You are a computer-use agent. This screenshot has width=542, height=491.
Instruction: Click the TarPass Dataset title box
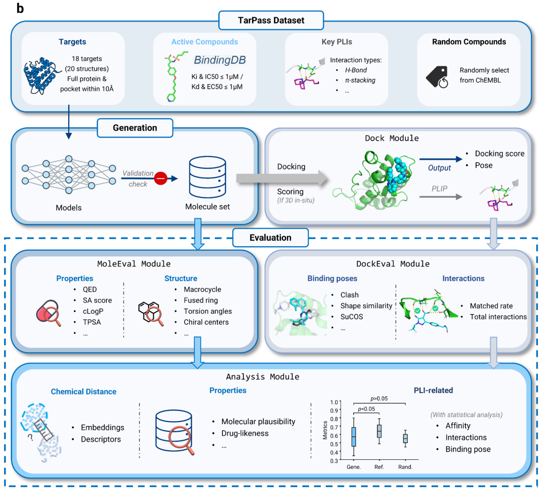[271, 21]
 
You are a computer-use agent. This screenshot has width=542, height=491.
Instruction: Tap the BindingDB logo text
[220, 61]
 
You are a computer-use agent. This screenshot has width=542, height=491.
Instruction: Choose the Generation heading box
[134, 128]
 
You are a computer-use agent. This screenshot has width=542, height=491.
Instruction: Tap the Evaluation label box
[270, 237]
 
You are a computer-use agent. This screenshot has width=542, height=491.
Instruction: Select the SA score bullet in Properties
[97, 301]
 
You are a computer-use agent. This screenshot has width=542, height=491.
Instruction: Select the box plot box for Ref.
[379, 431]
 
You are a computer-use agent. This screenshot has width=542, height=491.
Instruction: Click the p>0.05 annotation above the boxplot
[379, 399]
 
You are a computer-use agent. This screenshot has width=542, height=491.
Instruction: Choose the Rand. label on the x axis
[405, 467]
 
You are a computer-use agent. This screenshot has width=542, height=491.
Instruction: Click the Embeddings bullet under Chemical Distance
[102, 428]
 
